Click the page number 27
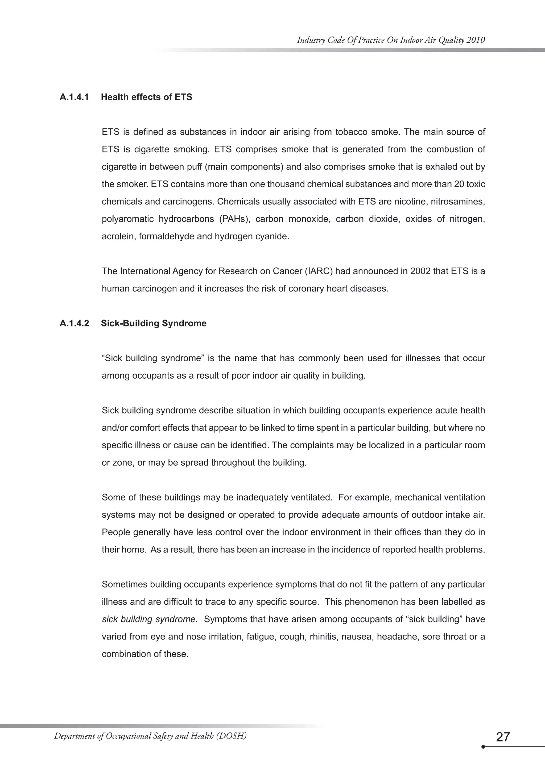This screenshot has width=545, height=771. click(502, 737)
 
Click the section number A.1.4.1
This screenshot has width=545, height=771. click(74, 97)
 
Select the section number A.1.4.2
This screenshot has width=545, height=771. click(74, 323)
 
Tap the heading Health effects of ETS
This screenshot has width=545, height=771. click(146, 97)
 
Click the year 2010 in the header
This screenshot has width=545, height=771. click(476, 40)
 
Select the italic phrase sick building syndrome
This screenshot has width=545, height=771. click(148, 619)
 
